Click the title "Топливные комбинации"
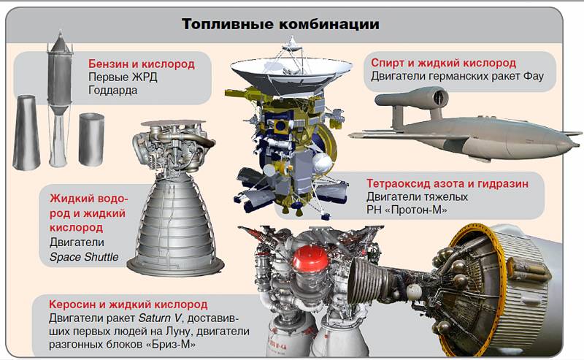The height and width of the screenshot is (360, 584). (x=280, y=24)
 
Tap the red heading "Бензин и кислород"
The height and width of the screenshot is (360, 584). (x=142, y=64)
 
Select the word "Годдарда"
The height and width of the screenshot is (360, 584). (x=113, y=91)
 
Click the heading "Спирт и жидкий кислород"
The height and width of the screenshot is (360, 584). (x=443, y=63)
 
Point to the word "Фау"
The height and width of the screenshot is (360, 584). (x=534, y=77)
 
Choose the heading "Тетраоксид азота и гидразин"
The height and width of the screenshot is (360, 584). (x=447, y=183)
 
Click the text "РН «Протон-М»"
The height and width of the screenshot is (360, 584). (x=407, y=210)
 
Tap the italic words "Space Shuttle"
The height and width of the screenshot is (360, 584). (x=84, y=257)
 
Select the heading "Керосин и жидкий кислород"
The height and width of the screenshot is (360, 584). (x=128, y=305)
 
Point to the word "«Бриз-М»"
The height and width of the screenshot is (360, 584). (x=173, y=345)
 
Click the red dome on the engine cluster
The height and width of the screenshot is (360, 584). (x=310, y=258)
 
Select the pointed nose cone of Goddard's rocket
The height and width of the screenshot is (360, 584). (x=60, y=41)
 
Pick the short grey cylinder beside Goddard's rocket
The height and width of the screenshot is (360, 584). (x=91, y=139)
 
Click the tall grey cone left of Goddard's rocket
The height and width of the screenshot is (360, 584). (x=26, y=132)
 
